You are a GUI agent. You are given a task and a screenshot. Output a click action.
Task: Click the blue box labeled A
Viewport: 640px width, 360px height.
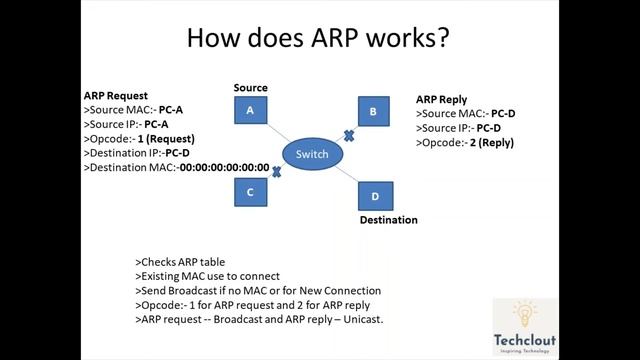(x=251, y=111)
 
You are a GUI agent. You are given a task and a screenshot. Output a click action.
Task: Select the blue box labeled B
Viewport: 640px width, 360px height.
(x=373, y=112)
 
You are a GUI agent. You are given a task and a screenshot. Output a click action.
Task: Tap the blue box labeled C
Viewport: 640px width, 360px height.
(x=251, y=190)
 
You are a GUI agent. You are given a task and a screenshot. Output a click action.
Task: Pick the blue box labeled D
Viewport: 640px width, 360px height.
(x=375, y=196)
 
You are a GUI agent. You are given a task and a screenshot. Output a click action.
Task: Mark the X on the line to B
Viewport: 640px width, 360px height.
(x=349, y=134)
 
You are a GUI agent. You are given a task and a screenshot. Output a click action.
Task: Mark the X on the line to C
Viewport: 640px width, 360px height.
(x=276, y=172)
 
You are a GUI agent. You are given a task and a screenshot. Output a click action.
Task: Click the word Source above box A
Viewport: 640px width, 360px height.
(x=251, y=88)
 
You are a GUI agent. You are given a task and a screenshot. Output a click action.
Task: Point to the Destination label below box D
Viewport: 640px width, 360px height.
(x=388, y=219)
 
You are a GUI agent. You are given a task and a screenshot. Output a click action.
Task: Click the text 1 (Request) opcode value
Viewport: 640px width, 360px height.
(x=165, y=138)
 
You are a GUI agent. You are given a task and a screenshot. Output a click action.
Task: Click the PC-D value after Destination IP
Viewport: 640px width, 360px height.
(x=179, y=153)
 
